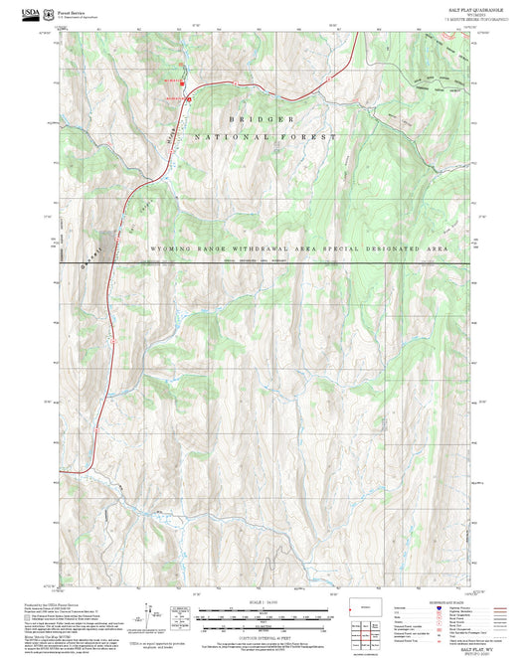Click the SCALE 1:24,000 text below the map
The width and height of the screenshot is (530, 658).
[x=265, y=602]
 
